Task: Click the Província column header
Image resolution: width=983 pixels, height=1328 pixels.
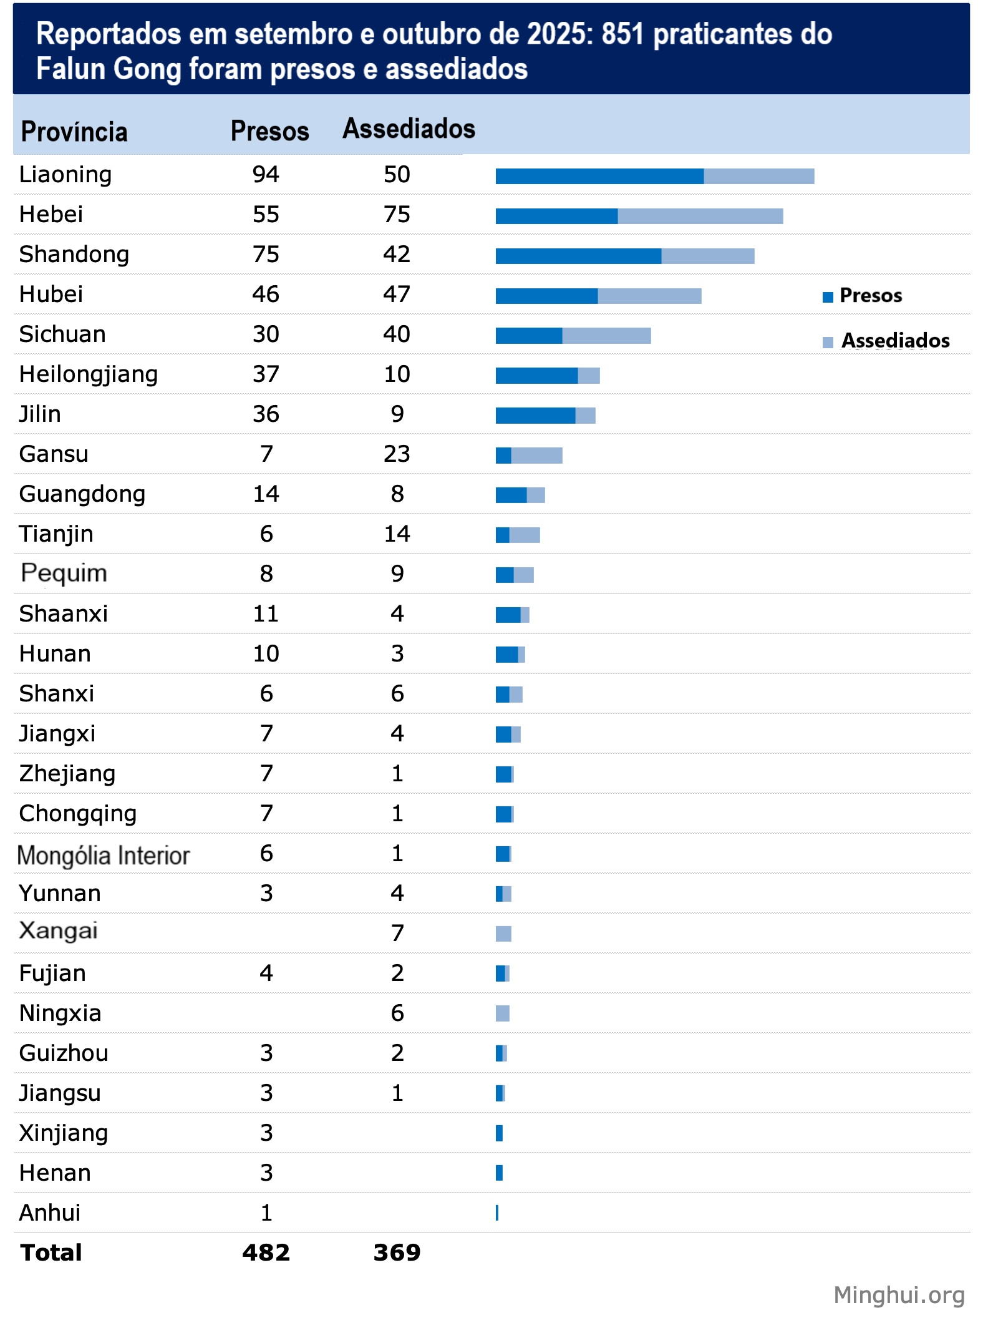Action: tap(74, 132)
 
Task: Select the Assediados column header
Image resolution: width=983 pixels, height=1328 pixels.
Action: tap(409, 129)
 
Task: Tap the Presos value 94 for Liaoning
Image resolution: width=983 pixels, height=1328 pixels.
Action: tap(266, 175)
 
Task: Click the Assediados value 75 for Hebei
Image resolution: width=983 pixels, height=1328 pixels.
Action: tap(397, 215)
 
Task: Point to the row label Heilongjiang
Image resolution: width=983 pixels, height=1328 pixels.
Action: tap(89, 374)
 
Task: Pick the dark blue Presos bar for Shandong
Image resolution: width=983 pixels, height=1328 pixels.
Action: tap(578, 256)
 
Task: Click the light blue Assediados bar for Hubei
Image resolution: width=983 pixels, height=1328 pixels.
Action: tap(649, 296)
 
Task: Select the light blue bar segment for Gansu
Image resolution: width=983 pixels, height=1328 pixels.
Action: tap(536, 456)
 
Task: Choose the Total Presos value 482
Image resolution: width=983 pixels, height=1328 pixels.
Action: tap(266, 1252)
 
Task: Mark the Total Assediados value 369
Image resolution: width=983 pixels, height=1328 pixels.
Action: tap(397, 1252)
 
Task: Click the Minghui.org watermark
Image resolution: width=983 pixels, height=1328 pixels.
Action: tap(899, 1295)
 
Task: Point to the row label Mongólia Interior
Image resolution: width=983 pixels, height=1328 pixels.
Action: tap(104, 855)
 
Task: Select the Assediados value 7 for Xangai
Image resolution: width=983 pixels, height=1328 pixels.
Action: tap(397, 933)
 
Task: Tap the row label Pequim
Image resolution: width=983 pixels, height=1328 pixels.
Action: tap(64, 574)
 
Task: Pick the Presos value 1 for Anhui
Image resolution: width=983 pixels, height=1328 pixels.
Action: tap(266, 1213)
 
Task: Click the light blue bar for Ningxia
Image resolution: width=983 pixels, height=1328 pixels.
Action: tap(503, 1013)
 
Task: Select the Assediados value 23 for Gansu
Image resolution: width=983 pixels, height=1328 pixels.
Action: tap(397, 454)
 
